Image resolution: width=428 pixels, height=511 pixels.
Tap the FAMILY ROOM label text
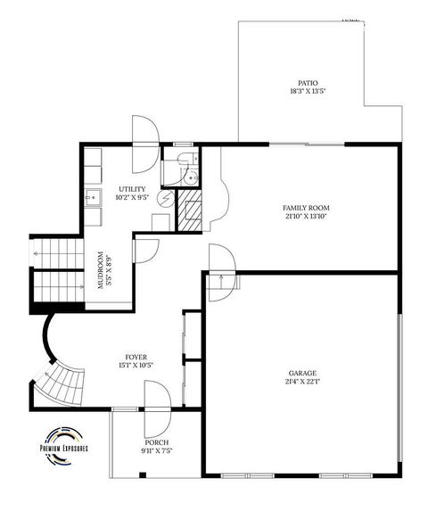(307, 206)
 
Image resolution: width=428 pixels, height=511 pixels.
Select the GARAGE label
(302, 373)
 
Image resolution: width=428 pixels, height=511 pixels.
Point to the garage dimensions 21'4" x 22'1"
(302, 382)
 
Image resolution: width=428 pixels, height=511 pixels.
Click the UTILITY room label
(133, 190)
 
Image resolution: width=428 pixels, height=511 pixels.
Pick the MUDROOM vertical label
(102, 266)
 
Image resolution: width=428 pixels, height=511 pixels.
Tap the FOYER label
(136, 356)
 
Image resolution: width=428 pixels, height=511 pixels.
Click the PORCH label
(157, 442)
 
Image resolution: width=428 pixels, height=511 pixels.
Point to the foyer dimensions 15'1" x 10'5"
(136, 365)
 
